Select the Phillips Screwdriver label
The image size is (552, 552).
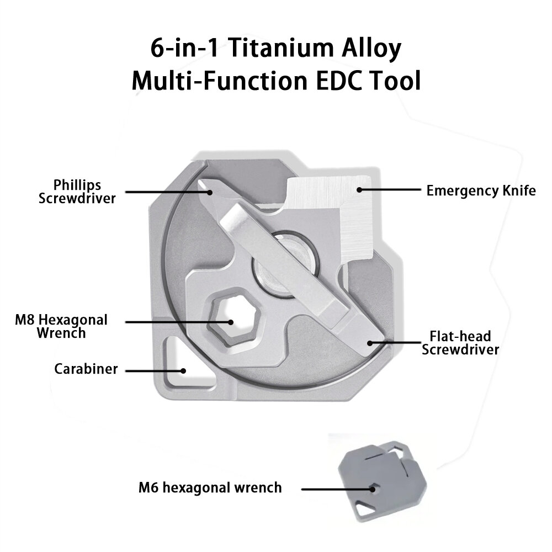77,191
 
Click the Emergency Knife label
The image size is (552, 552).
481,191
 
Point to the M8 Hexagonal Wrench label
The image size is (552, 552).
61,326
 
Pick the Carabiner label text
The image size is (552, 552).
86,369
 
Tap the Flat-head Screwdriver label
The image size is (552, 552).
460,343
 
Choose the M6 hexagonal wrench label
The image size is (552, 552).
210,488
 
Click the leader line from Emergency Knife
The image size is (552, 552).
389,190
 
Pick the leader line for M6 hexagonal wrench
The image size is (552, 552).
337,489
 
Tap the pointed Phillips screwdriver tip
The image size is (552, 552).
210,190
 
